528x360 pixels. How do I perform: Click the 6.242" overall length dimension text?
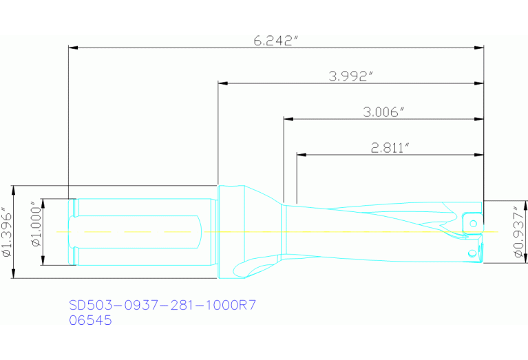click(x=275, y=40)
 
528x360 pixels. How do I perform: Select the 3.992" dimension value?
click(x=350, y=76)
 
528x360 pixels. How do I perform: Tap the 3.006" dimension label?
click(x=383, y=112)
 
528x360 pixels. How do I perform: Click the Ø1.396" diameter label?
click(x=6, y=232)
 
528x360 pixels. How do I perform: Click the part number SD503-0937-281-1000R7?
click(x=162, y=304)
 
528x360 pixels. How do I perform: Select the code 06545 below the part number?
click(x=90, y=320)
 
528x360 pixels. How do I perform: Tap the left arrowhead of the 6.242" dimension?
click(x=72, y=48)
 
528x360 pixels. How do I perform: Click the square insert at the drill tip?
click(x=472, y=222)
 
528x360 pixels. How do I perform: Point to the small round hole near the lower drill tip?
click(x=472, y=253)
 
